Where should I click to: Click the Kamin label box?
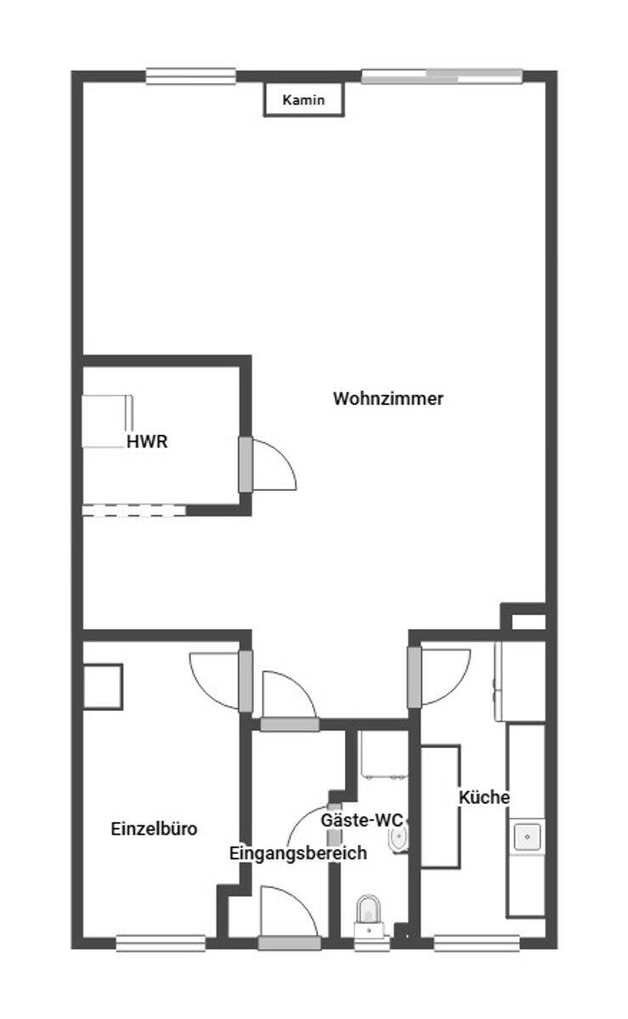pos(303,99)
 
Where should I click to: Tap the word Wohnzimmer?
pos(388,398)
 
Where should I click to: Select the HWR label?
pos(147,442)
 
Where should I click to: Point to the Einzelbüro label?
pos(154,829)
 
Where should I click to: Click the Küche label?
pos(484,797)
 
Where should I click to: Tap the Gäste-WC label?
pos(362,820)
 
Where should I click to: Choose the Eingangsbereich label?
pos(298,853)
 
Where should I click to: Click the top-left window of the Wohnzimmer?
pos(191,76)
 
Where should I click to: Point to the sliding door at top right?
pos(442,76)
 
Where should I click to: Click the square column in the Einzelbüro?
pos(103,687)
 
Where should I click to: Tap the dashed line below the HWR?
pos(134,510)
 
